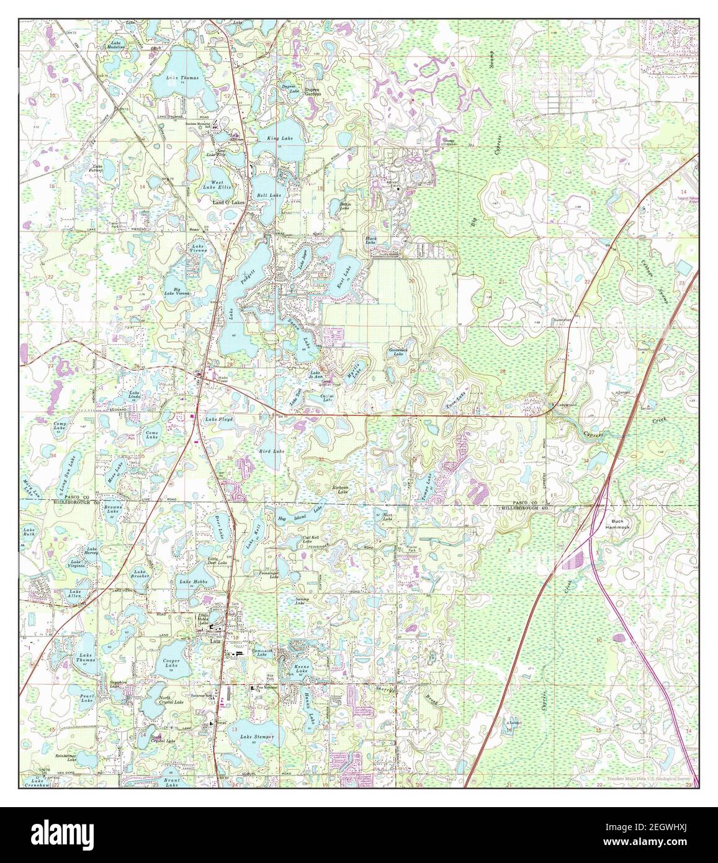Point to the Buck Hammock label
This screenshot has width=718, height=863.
tap(621, 524)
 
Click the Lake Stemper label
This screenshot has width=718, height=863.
tap(256, 737)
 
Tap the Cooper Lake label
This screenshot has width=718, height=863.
tap(171, 664)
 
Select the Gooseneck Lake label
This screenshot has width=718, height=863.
tap(397, 352)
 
